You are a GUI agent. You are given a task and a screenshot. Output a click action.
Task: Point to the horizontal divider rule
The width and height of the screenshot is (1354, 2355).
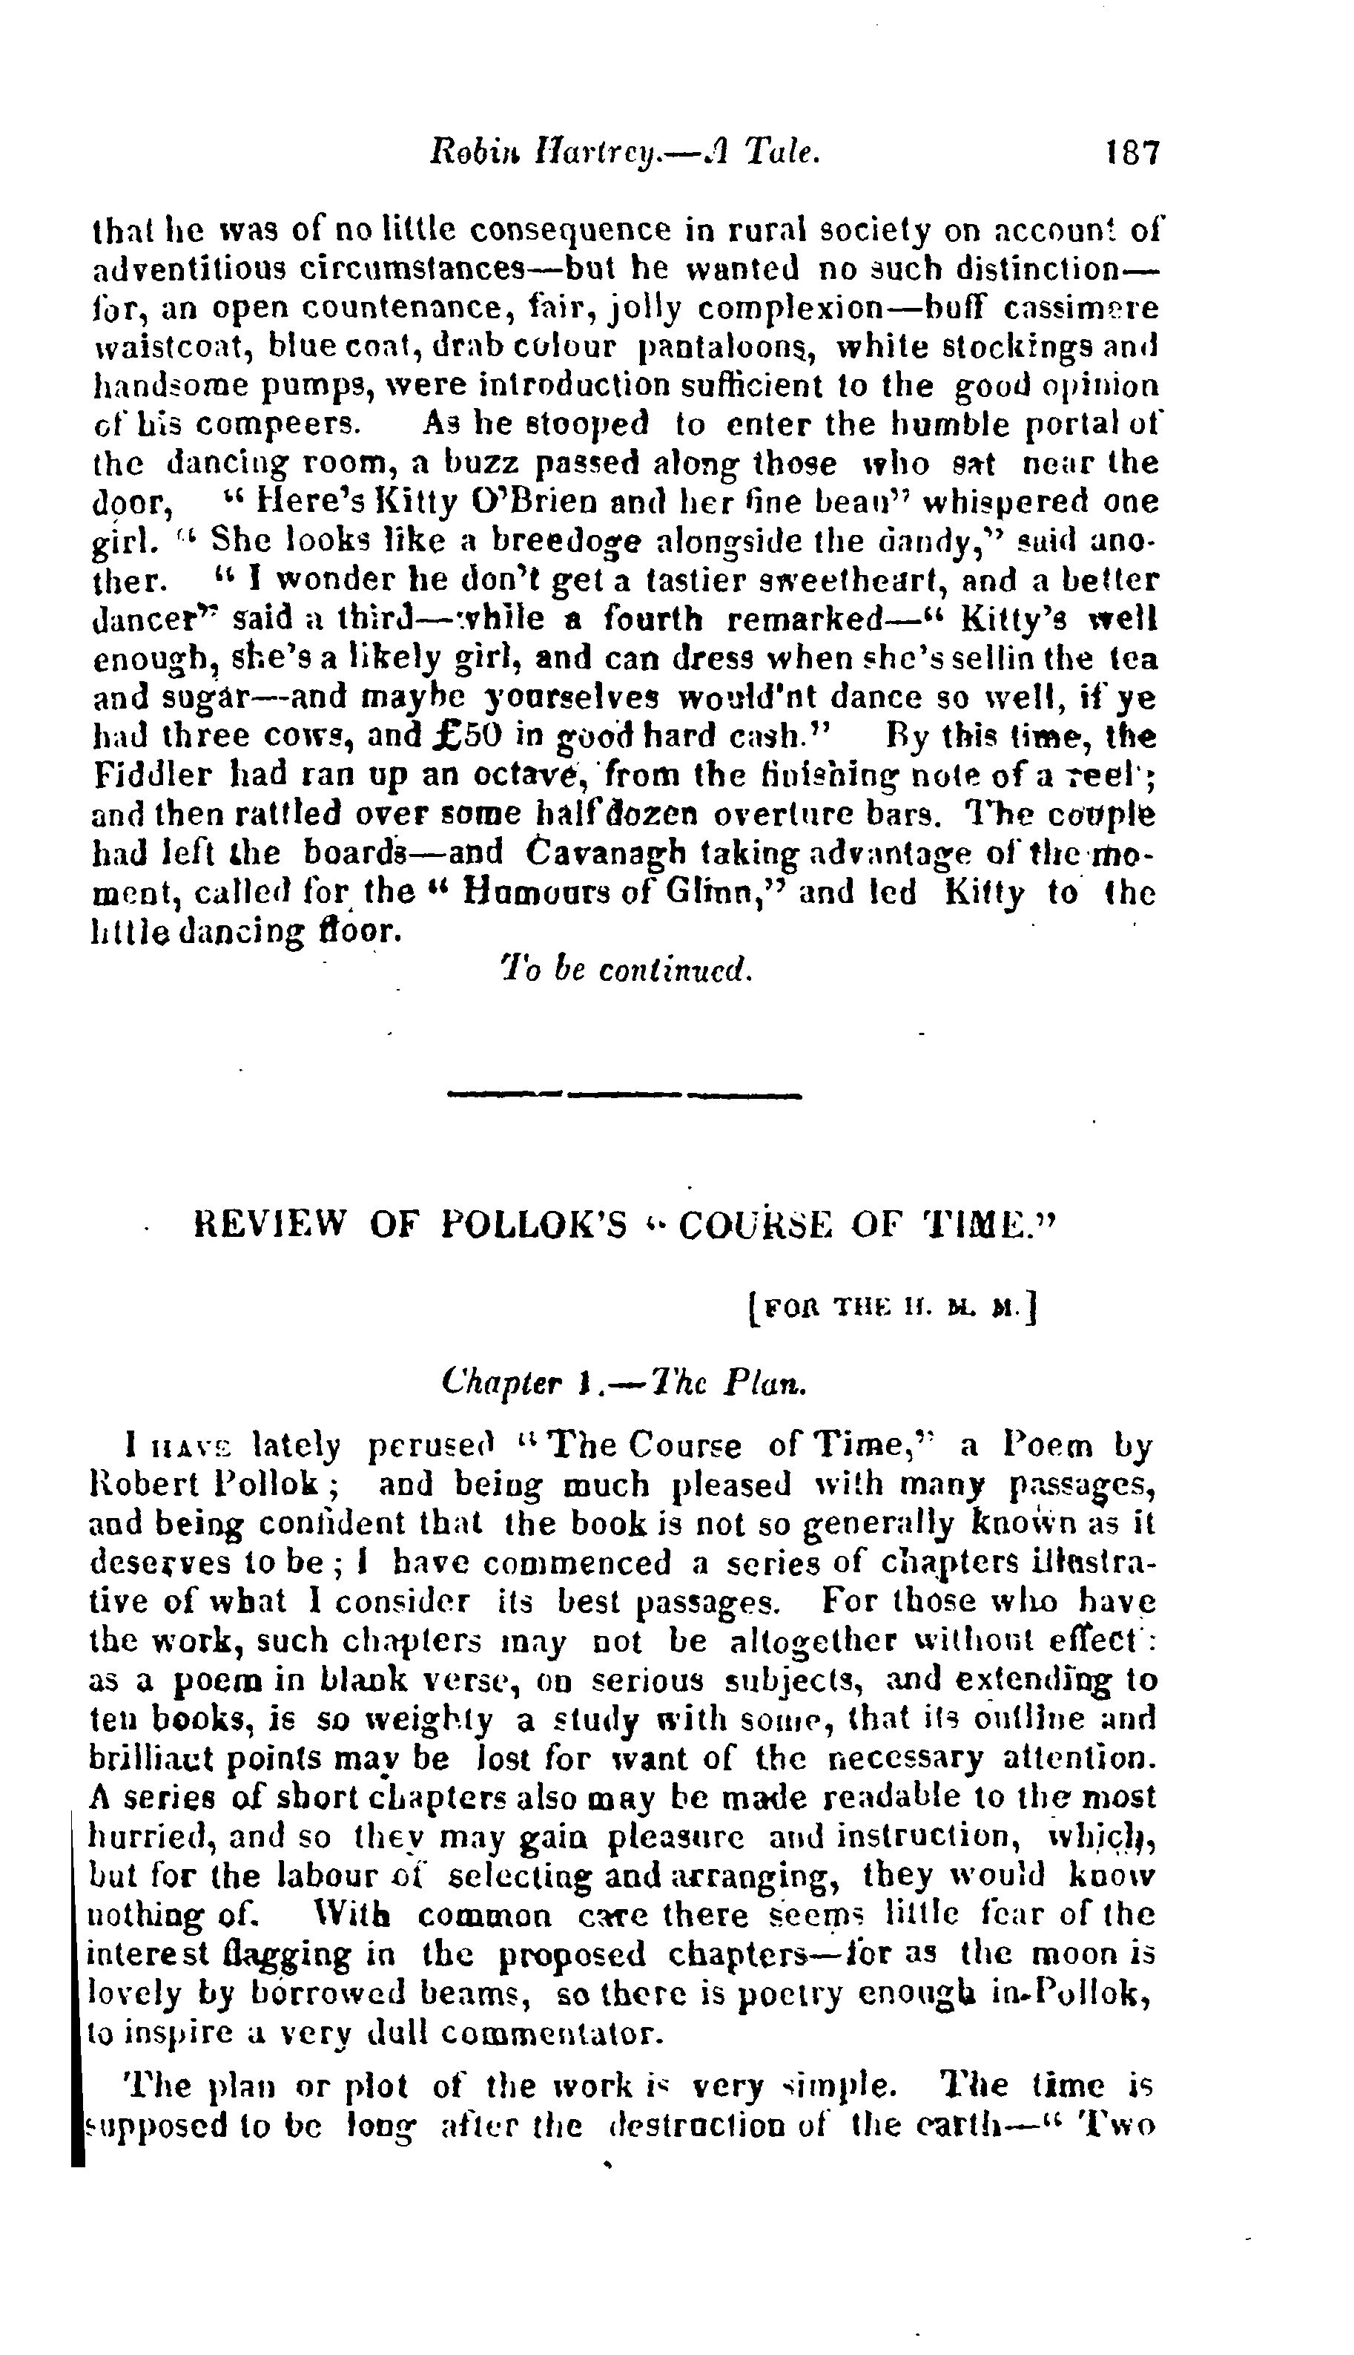coord(625,1094)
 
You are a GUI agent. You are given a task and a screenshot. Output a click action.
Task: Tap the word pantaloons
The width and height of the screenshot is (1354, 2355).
coord(728,346)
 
